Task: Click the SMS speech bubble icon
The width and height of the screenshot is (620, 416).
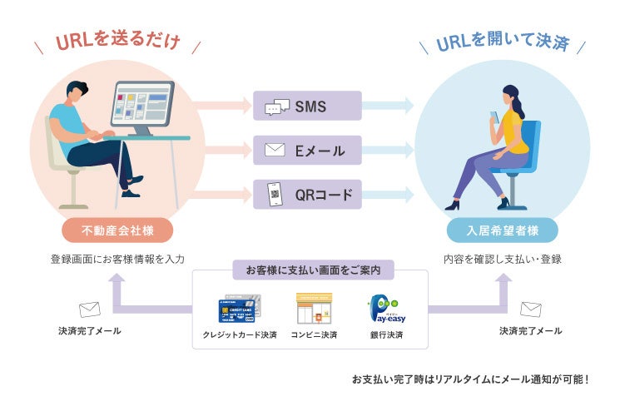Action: pyautogui.click(x=277, y=106)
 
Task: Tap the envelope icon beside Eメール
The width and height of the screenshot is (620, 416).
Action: pyautogui.click(x=275, y=151)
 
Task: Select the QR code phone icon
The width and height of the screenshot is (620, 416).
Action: pyautogui.click(x=275, y=195)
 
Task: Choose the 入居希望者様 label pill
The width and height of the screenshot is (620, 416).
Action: pyautogui.click(x=502, y=230)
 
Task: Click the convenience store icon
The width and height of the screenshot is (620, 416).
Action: pyautogui.click(x=314, y=308)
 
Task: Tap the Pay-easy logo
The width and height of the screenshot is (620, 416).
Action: pyautogui.click(x=386, y=308)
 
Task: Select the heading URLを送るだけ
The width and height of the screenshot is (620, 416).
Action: pyautogui.click(x=118, y=42)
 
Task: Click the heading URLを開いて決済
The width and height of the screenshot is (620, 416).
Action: pyautogui.click(x=502, y=42)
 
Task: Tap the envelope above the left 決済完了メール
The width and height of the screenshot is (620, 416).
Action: pyautogui.click(x=89, y=310)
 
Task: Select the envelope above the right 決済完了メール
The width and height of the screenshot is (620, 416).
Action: pyautogui.click(x=530, y=310)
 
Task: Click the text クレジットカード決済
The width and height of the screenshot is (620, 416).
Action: pyautogui.click(x=240, y=334)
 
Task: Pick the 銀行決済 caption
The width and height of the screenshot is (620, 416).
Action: pyautogui.click(x=386, y=334)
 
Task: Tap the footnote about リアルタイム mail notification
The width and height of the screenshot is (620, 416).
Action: pyautogui.click(x=470, y=379)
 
